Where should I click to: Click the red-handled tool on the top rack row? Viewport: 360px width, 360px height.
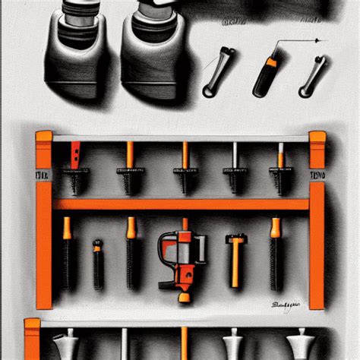pyautogui.click(x=74, y=159)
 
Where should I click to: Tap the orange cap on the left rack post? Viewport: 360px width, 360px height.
pyautogui.click(x=44, y=137)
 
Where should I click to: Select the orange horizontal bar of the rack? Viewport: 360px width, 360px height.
pyautogui.click(x=181, y=204)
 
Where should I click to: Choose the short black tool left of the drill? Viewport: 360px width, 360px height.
pyautogui.click(x=97, y=266)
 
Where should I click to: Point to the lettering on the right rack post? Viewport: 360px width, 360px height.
pyautogui.click(x=317, y=175)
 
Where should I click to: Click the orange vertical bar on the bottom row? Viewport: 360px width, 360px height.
pyautogui.click(x=183, y=342)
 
